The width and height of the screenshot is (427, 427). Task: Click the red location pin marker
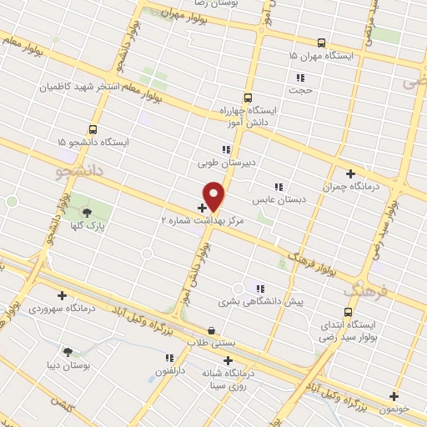coord(214,195)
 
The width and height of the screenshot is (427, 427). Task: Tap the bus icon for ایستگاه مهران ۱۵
coord(321,42)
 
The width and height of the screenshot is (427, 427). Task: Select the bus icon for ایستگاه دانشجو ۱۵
coord(93,129)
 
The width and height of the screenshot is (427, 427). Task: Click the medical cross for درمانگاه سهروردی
coord(63,295)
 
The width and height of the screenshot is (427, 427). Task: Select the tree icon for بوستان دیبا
coord(68,352)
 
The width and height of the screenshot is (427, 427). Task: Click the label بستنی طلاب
coord(212,344)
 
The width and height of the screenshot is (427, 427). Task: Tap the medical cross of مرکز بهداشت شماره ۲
coord(203,207)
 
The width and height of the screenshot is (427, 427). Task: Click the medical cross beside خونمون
coord(394,397)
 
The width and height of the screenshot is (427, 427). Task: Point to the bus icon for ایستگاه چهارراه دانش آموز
coord(248,98)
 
